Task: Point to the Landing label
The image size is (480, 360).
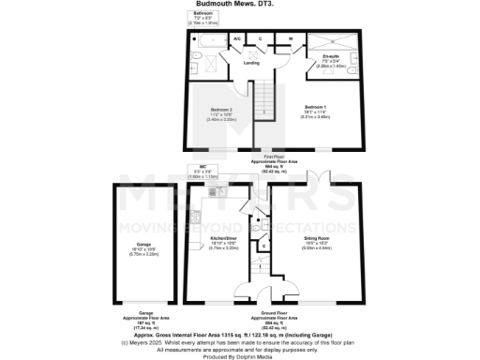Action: [251, 63]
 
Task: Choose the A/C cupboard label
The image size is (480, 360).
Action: [238, 38]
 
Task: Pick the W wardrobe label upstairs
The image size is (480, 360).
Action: [291, 38]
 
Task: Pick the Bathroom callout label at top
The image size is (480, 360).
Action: [203, 14]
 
